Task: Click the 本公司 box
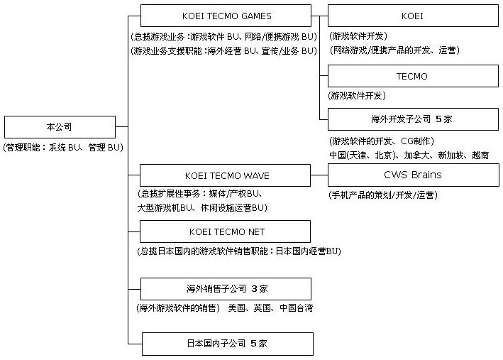(x=59, y=126)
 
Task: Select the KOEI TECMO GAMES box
(x=226, y=16)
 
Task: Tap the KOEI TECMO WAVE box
(x=226, y=175)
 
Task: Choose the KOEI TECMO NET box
(x=226, y=231)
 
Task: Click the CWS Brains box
(x=413, y=175)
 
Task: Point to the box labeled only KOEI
(x=413, y=16)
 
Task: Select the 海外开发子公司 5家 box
(x=413, y=119)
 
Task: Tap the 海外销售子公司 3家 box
(x=226, y=289)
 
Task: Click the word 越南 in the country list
(x=480, y=154)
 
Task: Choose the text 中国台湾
(x=296, y=308)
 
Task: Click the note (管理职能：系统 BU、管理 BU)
(x=63, y=147)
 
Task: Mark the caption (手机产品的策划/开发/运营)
(x=382, y=195)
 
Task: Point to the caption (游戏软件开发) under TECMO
(x=358, y=95)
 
